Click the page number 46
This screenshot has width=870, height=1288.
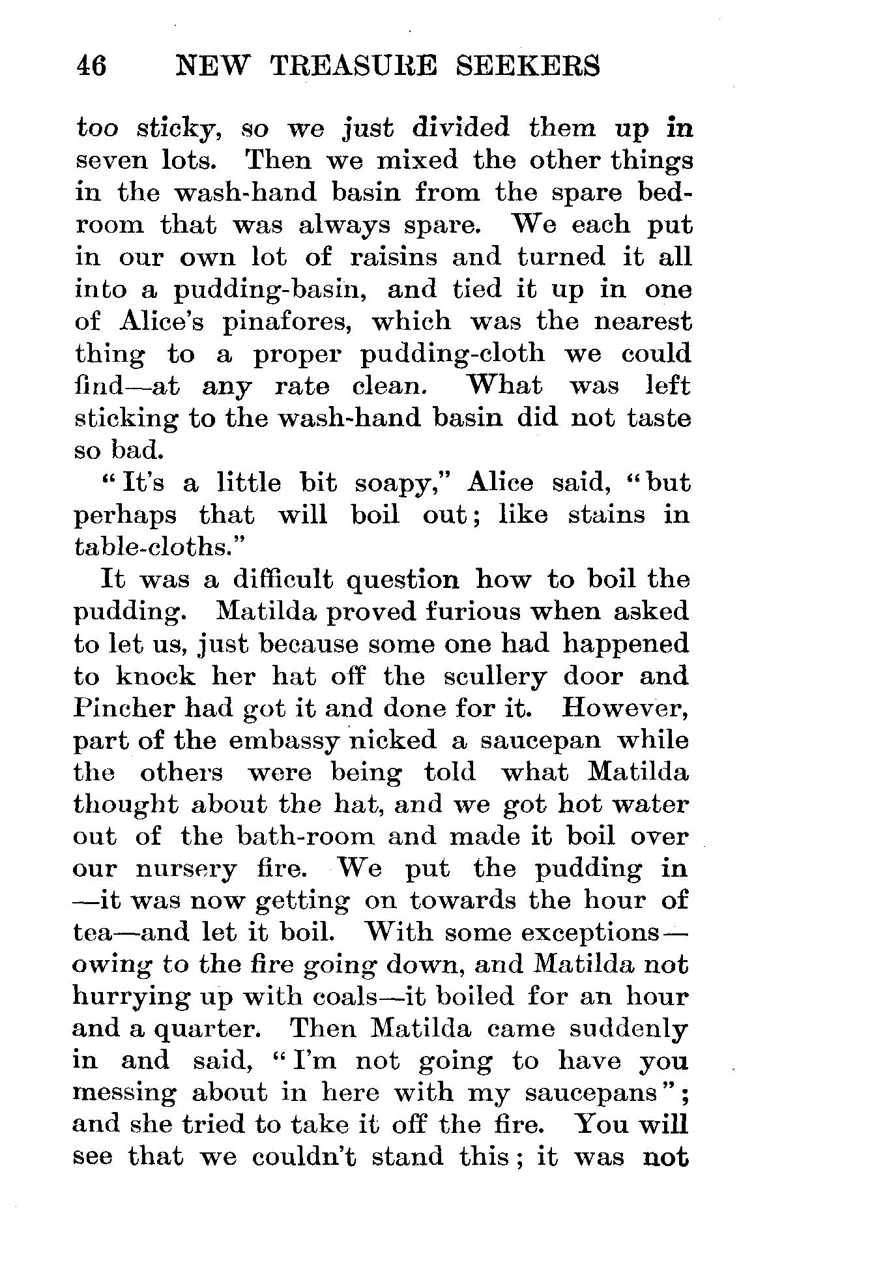pos(91,66)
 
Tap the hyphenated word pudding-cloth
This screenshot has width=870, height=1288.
pos(452,355)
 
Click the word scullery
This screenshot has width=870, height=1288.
pos(495,677)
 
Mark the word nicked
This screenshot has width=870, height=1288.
pos(392,740)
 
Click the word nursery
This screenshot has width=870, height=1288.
pos(186,870)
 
